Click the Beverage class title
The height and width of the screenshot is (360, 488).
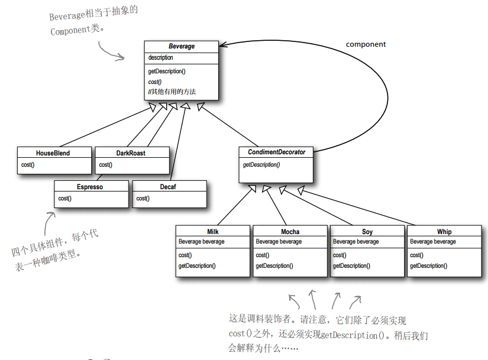tap(181, 46)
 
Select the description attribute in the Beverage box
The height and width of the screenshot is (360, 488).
tap(161, 58)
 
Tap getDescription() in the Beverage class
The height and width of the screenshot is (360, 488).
tap(167, 72)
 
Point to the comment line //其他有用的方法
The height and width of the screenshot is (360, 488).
tap(172, 92)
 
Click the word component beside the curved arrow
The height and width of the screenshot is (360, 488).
tap(366, 44)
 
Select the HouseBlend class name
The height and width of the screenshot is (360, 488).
tap(53, 153)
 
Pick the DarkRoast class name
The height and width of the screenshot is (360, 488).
tap(131, 153)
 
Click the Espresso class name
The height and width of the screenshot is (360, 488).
tap(90, 187)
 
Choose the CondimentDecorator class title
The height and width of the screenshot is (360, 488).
tap(276, 153)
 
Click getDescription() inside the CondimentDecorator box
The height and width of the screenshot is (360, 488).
tap(261, 165)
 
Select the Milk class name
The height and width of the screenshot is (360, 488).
tap(213, 232)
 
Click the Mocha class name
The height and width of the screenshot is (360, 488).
tap(290, 232)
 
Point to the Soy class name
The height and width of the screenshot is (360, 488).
tap(367, 232)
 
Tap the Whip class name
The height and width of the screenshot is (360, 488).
tap(444, 232)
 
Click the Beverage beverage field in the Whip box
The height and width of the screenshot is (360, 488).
tap(433, 242)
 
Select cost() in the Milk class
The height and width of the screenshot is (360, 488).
tap(185, 255)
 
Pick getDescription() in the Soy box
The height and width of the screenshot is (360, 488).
tap(351, 266)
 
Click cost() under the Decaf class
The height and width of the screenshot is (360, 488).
tap(143, 199)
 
